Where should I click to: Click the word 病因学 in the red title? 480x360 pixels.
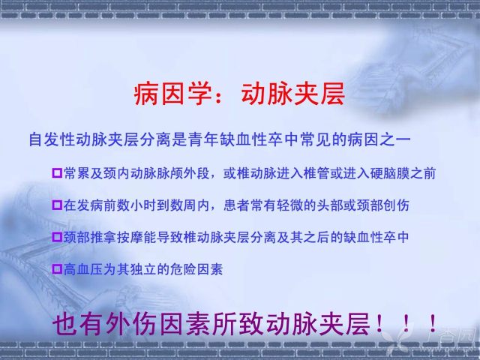point(173,94)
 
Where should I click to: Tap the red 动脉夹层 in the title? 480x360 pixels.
point(293,94)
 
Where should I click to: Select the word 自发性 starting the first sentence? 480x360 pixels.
point(52,139)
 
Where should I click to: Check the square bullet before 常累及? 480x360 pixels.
point(57,173)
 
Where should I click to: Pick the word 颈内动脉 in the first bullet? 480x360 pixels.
point(130,173)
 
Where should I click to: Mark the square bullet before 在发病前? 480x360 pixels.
point(57,205)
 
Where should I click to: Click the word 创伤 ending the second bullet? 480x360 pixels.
point(396,205)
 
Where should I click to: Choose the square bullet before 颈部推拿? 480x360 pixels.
point(57,237)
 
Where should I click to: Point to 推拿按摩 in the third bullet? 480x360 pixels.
point(117,237)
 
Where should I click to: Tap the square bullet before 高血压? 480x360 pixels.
point(57,269)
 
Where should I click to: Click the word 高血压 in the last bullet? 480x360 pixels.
point(83,269)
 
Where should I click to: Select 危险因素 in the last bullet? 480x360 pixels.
point(196,269)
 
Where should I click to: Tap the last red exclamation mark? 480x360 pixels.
point(433,323)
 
